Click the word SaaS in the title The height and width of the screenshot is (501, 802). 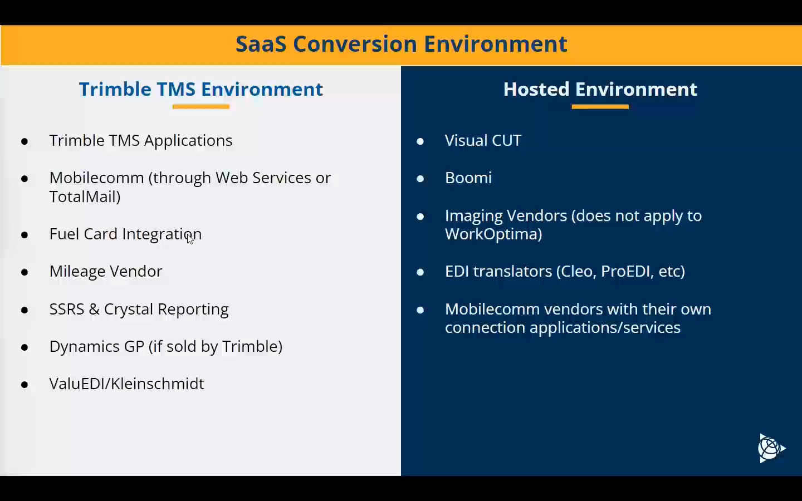pos(261,44)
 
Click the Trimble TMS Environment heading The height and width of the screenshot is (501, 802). pos(200,89)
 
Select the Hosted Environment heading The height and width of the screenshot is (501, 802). pos(600,89)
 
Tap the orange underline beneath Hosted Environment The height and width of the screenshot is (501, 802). pos(600,106)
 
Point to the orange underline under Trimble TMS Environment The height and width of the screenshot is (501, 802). pos(200,106)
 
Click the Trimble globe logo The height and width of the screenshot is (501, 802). pos(771,448)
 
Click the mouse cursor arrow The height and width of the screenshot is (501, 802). pos(190,239)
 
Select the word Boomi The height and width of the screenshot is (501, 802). pos(468,178)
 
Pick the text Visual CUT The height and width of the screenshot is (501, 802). pos(483,140)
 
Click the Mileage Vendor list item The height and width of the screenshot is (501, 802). pos(106,271)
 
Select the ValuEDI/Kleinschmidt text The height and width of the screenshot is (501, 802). pos(126,384)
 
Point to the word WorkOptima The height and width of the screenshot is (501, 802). pos(493,234)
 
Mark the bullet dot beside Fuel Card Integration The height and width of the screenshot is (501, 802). pos(25,235)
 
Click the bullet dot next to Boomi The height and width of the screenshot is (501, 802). pos(420,179)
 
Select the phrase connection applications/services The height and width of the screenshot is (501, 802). pos(563,327)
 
